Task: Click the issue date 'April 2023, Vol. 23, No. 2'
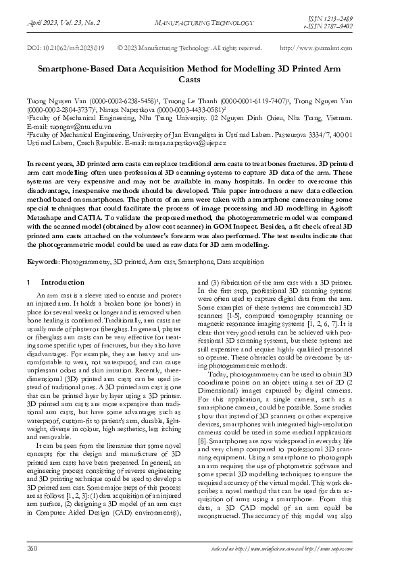(63, 22)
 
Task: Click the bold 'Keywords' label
(41, 260)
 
